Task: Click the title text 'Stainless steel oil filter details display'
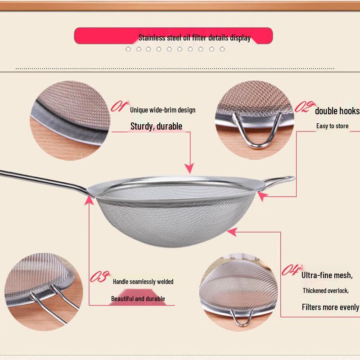pyautogui.click(x=194, y=38)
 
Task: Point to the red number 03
pyautogui.click(x=99, y=276)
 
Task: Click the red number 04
pyautogui.click(x=290, y=270)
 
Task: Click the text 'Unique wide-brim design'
pyautogui.click(x=162, y=110)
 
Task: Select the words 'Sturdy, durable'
pyautogui.click(x=156, y=126)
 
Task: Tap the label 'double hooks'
pyautogui.click(x=337, y=111)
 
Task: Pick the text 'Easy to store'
pyautogui.click(x=332, y=126)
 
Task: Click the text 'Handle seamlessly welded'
pyautogui.click(x=143, y=282)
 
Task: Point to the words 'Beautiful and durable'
pyautogui.click(x=138, y=299)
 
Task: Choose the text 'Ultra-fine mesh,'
pyautogui.click(x=330, y=275)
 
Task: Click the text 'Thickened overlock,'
pyautogui.click(x=325, y=291)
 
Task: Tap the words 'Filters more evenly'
pyautogui.click(x=330, y=307)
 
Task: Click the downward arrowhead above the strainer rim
pyautogui.click(x=190, y=168)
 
